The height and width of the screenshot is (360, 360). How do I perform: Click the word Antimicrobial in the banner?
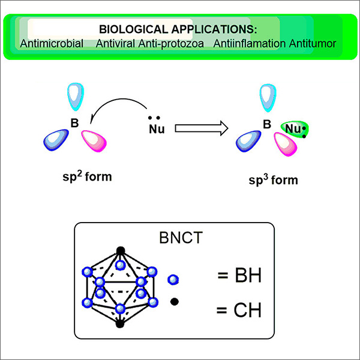(x=51, y=44)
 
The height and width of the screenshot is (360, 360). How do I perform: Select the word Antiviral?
(x=115, y=44)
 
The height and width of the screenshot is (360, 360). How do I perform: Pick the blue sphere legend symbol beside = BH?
(x=173, y=278)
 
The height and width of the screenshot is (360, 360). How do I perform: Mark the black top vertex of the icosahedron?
(x=121, y=250)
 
